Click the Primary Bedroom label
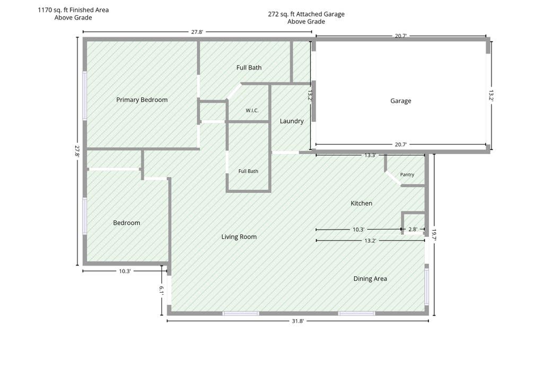[142, 100]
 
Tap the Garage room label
[401, 101]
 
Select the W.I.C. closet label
[252, 110]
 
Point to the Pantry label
[407, 174]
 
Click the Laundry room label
[292, 121]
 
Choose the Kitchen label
[361, 203]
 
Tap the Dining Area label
[370, 279]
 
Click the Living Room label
[239, 237]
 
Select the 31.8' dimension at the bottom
[297, 321]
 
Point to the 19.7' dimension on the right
[434, 235]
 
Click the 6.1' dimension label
[161, 290]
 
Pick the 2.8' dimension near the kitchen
[413, 229]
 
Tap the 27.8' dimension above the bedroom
[197, 32]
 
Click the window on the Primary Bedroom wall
[84, 95]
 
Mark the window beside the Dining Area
[427, 287]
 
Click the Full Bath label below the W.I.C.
[248, 171]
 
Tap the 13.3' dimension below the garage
[370, 155]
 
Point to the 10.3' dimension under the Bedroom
[125, 271]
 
